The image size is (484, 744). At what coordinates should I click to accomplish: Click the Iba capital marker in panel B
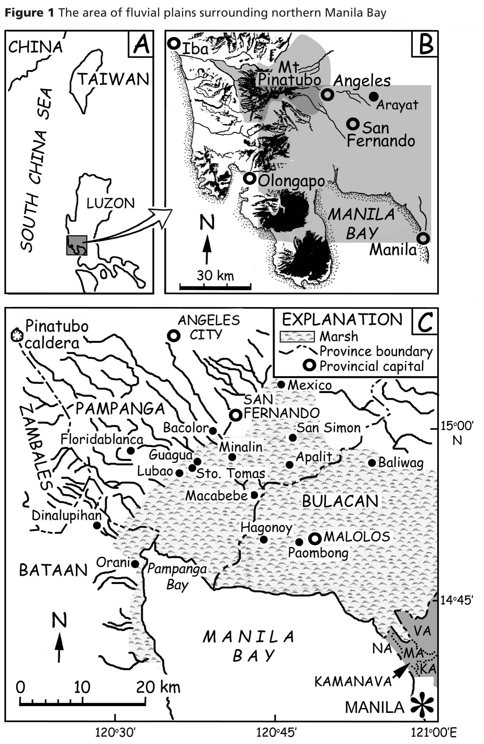[x=174, y=44]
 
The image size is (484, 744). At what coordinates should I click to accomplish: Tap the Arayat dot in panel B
[x=373, y=96]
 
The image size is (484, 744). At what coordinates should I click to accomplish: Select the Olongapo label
[x=291, y=181]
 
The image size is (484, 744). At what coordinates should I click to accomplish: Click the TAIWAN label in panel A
[x=113, y=79]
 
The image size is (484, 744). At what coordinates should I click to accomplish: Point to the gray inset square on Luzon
[x=77, y=245]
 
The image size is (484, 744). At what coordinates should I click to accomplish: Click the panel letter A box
[x=141, y=44]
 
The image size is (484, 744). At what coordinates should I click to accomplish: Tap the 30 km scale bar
[x=215, y=286]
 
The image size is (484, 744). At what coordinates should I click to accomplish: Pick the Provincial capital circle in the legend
[x=310, y=366]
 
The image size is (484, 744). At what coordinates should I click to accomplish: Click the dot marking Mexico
[x=281, y=384]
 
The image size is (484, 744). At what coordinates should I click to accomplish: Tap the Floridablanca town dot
[x=130, y=451]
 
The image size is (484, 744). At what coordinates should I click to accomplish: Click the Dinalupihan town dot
[x=97, y=525]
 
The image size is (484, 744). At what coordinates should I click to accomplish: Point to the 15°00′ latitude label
[x=457, y=426]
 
